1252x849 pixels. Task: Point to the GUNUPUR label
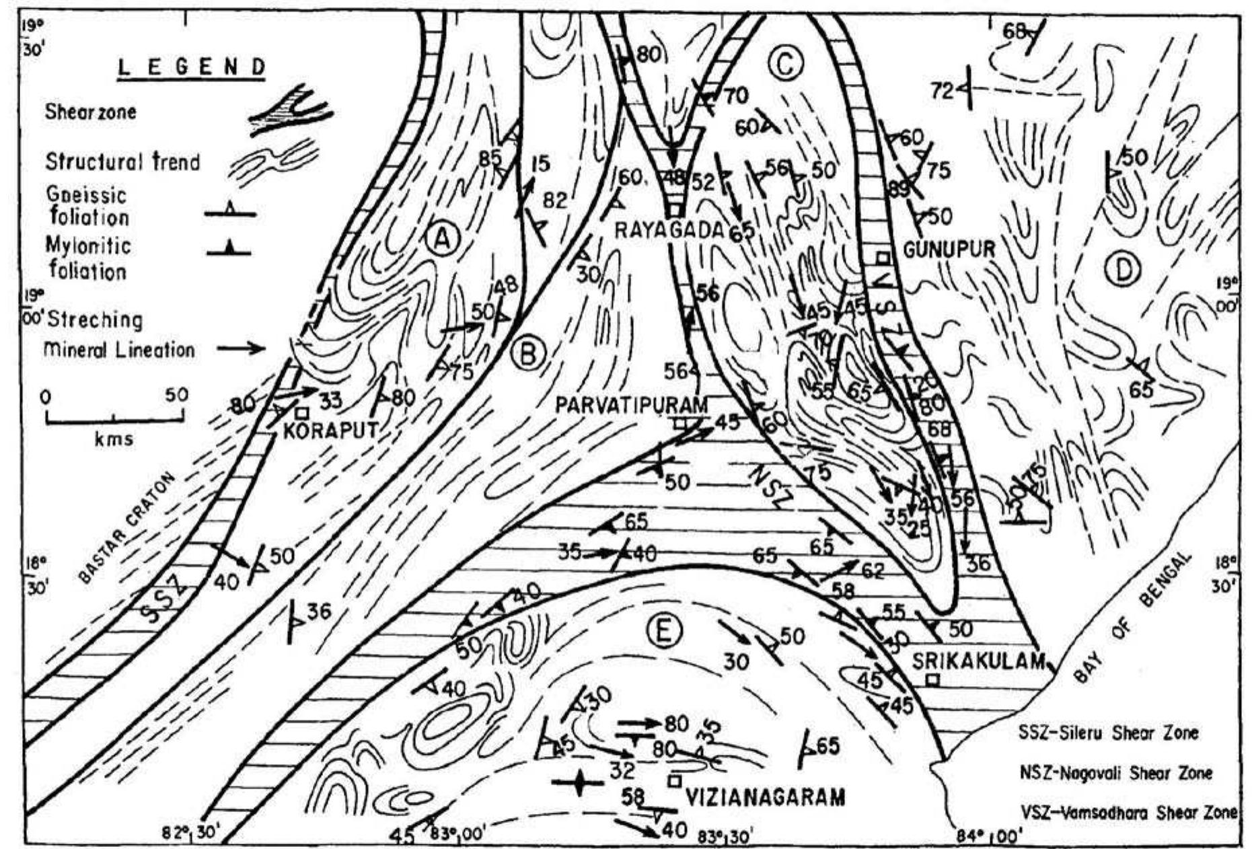click(x=949, y=250)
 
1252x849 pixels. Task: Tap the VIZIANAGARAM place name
click(x=765, y=798)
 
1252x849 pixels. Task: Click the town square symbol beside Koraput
click(x=303, y=412)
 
